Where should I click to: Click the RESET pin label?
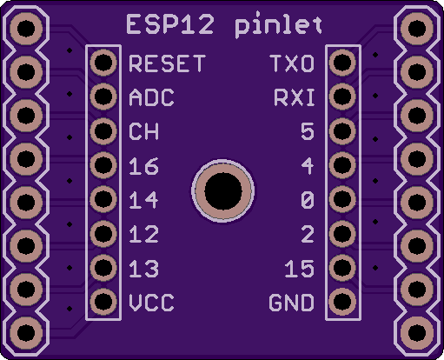[167, 63]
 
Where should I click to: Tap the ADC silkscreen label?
[151, 97]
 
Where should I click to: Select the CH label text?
[143, 131]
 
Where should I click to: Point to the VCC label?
[151, 303]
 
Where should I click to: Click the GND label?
[291, 303]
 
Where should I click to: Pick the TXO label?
[292, 63]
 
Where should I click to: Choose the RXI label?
[295, 97]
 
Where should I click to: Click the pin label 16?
[143, 166]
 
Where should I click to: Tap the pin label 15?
[300, 269]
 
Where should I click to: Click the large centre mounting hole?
[223, 191]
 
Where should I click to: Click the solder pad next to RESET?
[103, 63]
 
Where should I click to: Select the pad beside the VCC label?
[103, 302]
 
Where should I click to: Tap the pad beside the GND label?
[342, 302]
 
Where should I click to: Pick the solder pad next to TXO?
[342, 63]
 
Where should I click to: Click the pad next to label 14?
[103, 199]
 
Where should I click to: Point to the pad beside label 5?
[342, 131]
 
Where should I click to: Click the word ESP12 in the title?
[170, 25]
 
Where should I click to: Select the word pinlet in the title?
[278, 25]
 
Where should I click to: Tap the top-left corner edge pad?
[26, 29]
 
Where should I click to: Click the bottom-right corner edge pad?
[417, 333]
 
